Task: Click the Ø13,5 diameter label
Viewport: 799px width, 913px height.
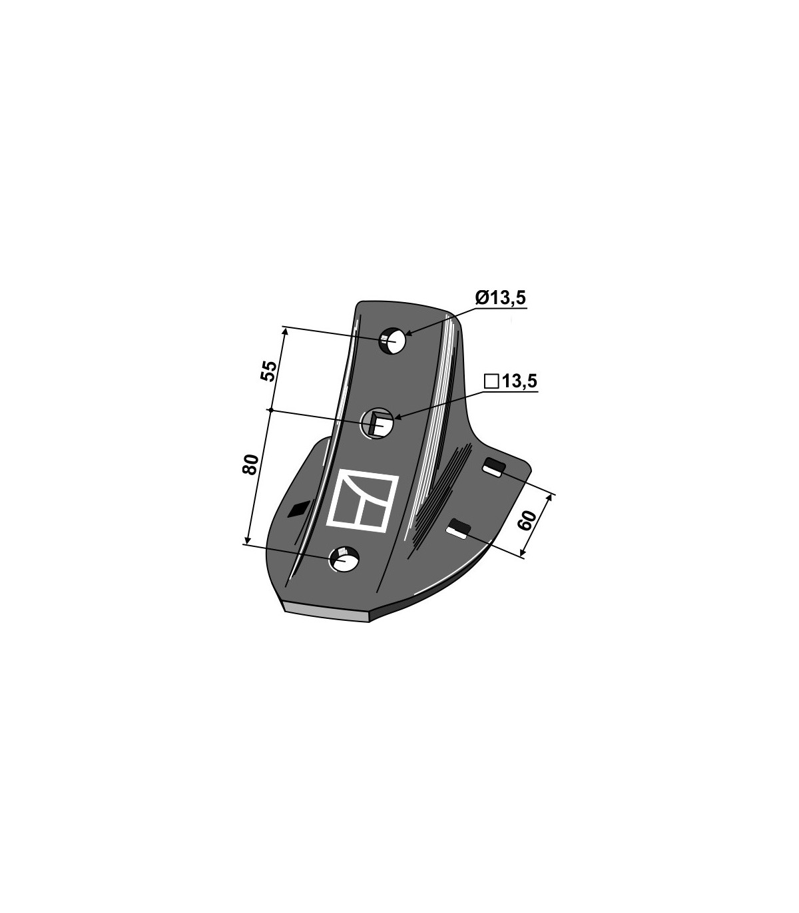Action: point(501,297)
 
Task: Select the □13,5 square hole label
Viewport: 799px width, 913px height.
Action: point(511,382)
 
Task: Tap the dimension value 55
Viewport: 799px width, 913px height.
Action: point(269,371)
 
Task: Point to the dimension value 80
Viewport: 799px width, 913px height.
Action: point(250,464)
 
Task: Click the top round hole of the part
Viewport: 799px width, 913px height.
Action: point(392,342)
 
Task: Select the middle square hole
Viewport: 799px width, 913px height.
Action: point(377,423)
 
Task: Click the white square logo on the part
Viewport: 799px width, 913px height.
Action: point(362,500)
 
